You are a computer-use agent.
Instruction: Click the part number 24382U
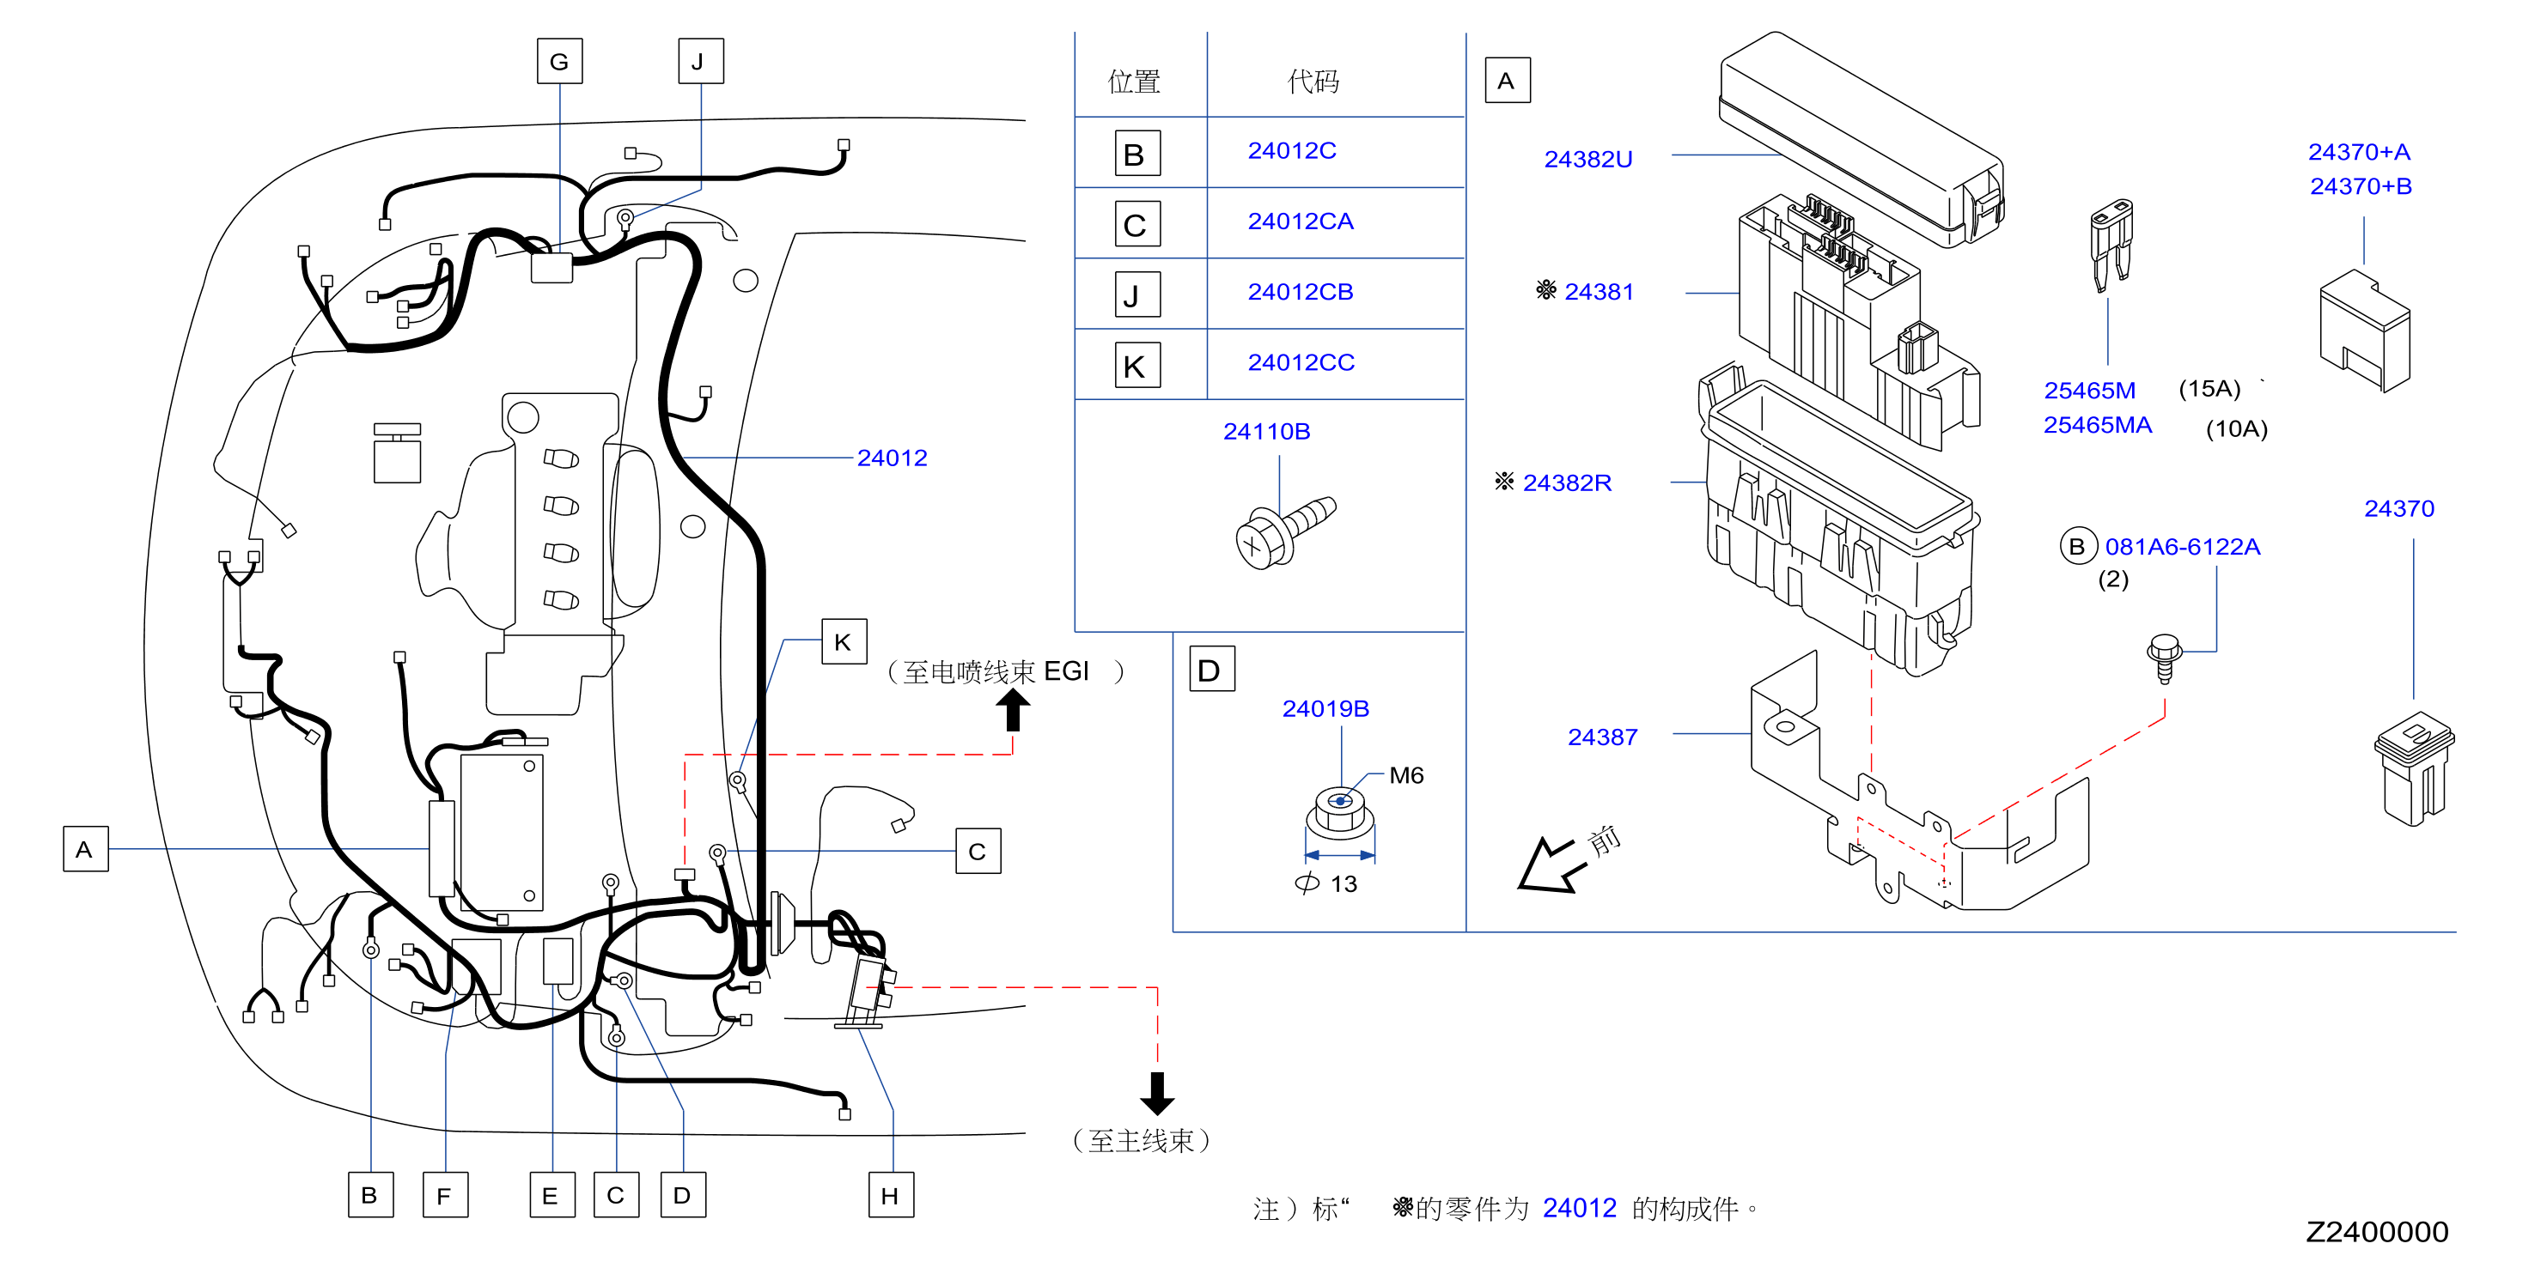click(1588, 159)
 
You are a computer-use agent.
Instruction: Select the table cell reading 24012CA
click(1301, 221)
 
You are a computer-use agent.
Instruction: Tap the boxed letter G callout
click(559, 61)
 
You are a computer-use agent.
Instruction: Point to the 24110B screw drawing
click(1284, 531)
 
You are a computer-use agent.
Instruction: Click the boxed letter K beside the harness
click(844, 642)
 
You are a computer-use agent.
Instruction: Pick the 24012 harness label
click(892, 458)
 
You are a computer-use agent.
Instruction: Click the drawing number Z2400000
click(2377, 1231)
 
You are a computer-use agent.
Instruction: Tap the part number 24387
click(1603, 737)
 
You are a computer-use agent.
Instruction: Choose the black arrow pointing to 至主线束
click(1157, 1093)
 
